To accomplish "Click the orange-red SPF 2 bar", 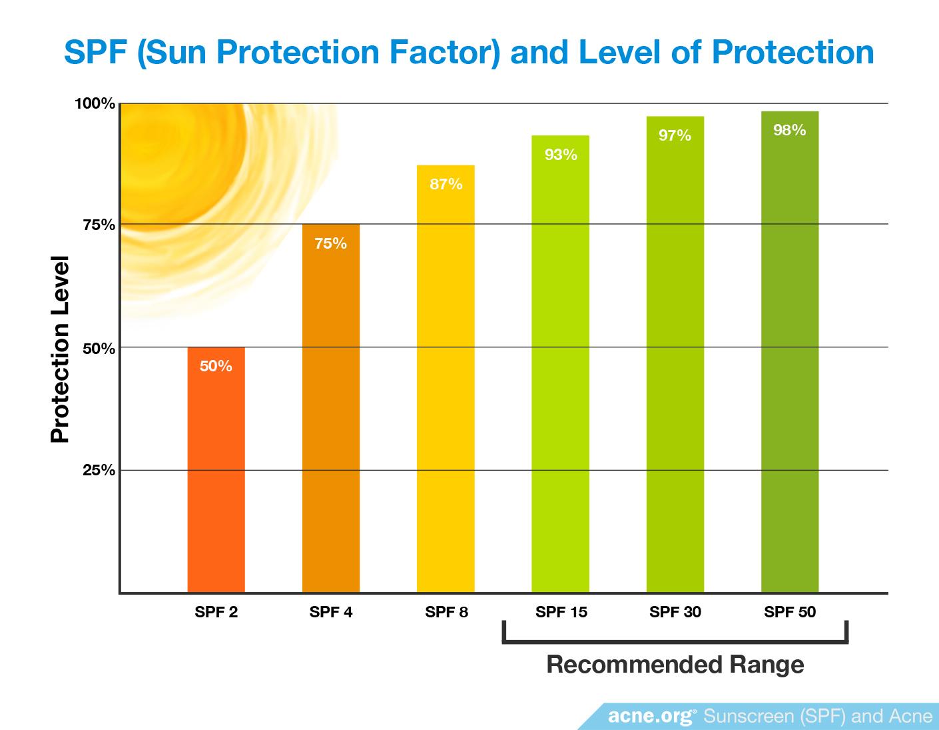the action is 216,469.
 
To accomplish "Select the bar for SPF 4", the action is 331,408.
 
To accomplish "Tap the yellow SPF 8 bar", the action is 446,379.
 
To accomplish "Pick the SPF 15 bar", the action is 561,364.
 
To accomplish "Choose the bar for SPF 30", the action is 675,355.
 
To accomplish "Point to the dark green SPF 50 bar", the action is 790,352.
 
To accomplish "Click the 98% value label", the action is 789,130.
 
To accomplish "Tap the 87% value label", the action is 446,184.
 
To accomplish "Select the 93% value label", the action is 561,155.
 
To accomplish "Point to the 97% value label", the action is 675,135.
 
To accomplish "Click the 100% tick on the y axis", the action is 95,103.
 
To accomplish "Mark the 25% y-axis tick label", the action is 99,470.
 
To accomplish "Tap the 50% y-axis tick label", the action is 99,348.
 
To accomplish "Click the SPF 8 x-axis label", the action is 446,612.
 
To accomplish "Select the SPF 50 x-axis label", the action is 790,612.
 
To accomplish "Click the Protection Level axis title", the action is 60,349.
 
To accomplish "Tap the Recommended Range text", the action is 675,664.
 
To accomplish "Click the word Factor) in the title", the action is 444,52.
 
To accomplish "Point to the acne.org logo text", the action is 652,716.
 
